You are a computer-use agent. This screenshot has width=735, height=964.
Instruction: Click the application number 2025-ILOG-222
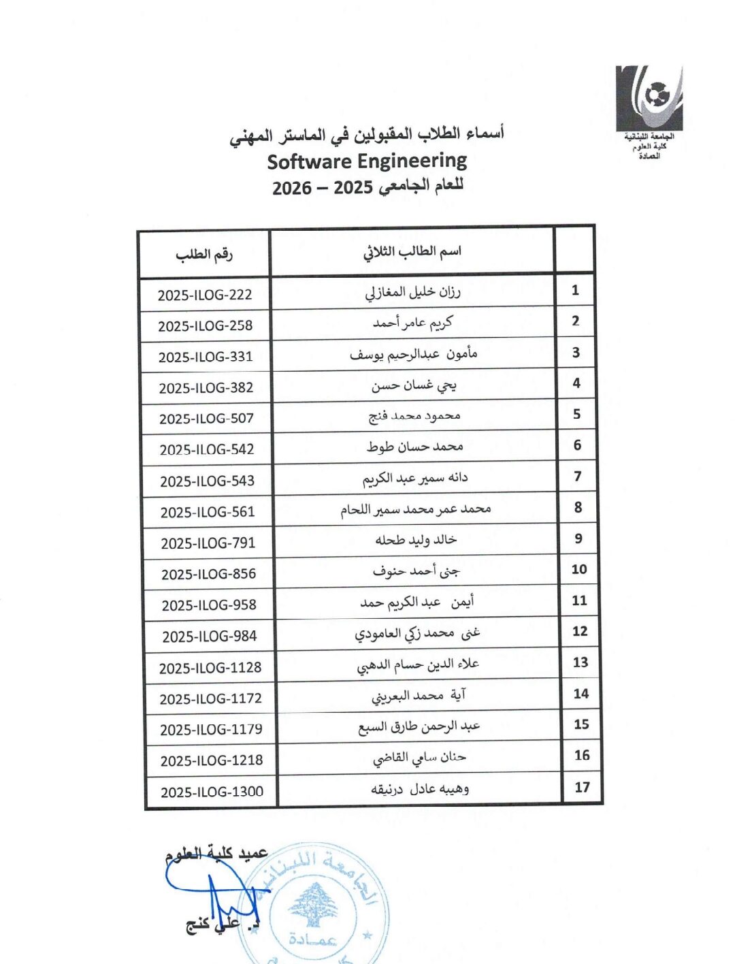205,295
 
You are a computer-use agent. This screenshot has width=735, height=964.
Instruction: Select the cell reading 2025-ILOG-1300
212,792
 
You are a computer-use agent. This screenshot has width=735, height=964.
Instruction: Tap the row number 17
582,787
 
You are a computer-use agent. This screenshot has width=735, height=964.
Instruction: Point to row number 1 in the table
575,291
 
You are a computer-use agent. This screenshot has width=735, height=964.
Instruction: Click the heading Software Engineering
367,162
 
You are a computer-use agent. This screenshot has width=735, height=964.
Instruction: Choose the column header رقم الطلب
204,255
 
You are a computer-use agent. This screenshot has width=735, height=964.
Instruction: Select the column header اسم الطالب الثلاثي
412,252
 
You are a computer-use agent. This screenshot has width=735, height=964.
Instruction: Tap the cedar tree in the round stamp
314,905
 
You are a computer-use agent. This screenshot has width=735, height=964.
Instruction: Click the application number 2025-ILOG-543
208,481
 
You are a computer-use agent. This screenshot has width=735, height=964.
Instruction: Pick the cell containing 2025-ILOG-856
209,574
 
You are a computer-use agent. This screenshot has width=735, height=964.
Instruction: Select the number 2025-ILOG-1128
210,668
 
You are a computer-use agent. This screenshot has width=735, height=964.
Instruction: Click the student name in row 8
416,509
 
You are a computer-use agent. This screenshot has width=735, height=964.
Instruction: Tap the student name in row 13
418,664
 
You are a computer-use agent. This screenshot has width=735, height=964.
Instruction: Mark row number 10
579,569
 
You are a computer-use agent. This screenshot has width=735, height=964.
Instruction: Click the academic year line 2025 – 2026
367,187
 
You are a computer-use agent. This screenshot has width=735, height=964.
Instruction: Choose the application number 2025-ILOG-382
206,388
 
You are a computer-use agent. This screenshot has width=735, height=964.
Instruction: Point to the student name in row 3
414,354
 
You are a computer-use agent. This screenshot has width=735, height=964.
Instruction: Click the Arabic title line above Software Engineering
367,135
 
